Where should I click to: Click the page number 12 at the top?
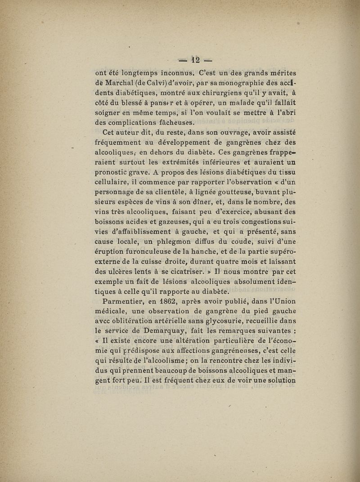[x=195, y=59]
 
